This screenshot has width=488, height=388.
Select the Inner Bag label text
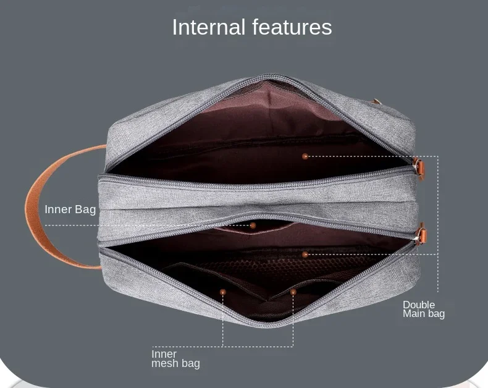click(70, 209)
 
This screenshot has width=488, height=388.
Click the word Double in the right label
click(419, 305)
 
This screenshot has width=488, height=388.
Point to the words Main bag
click(424, 314)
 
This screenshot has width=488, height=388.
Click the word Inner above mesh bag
click(164, 354)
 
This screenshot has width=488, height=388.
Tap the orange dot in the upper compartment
click(305, 156)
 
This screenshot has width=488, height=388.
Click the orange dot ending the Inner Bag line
click(253, 226)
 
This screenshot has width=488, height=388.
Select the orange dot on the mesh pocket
click(305, 254)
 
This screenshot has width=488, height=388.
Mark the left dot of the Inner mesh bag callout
click(223, 292)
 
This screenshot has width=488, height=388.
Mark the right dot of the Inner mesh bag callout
click(293, 292)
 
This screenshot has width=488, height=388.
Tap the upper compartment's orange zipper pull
click(421, 168)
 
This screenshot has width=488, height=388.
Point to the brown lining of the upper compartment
click(247, 124)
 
